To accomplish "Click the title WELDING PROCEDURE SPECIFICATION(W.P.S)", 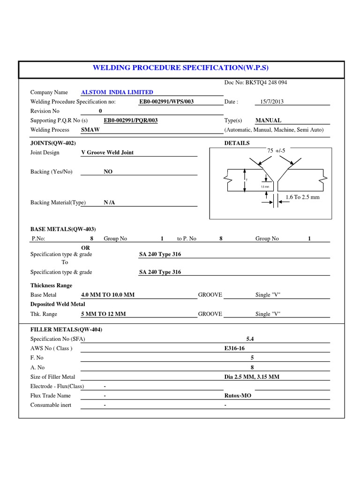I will tap(181, 68).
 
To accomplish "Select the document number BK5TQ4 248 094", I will tap(255, 82).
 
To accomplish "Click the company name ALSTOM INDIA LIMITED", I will tap(117, 92).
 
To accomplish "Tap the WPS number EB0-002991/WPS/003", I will tap(166, 102).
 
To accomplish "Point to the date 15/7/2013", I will tap(272, 102).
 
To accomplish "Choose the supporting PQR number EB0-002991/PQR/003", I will tap(130, 120).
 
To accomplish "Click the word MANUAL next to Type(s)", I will tap(268, 120).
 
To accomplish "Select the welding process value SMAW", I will tap(90, 130).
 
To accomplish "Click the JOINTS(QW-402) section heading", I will tap(53, 143).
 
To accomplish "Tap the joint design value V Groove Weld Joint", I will tap(107, 152).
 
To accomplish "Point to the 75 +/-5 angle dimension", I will tap(276, 150).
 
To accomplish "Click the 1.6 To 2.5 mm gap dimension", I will tap(302, 197).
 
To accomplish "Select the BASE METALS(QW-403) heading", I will tap(63, 229).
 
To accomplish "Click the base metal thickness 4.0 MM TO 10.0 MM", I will tap(108, 295).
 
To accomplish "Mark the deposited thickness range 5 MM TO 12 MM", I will tap(104, 314).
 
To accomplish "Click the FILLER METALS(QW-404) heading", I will tap(66, 330).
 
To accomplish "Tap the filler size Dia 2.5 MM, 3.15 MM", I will tap(252, 377).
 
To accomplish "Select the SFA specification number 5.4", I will tap(250, 338).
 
